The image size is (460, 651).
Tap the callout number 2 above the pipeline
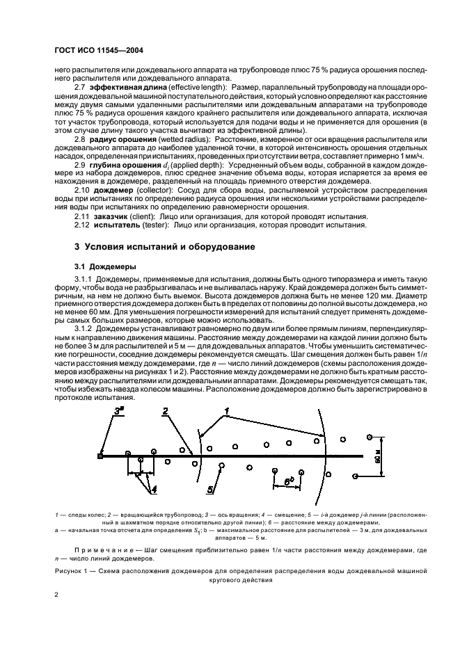point(165,411)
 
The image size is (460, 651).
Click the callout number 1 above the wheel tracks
point(226,412)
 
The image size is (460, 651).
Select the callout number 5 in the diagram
point(209,490)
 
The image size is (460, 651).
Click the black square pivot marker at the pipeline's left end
point(102,457)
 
